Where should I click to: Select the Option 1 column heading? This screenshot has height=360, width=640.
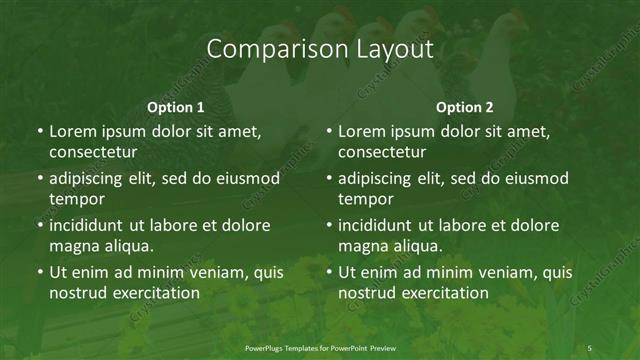[176, 107]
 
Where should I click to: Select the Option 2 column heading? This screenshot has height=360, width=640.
[465, 107]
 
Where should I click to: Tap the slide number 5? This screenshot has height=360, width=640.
[589, 348]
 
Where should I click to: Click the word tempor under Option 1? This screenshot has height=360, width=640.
[76, 200]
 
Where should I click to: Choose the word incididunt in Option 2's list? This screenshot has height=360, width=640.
[379, 225]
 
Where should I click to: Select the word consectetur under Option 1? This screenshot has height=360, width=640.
[93, 152]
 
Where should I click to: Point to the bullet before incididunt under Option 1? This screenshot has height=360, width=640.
[40, 225]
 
